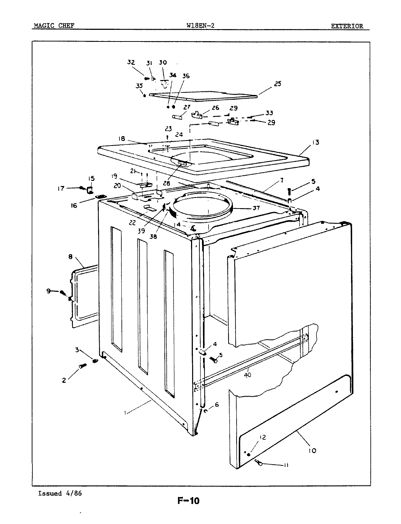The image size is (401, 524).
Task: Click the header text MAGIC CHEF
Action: (54, 26)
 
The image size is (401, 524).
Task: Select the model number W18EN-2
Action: (200, 26)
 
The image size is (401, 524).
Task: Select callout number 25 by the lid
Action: (278, 84)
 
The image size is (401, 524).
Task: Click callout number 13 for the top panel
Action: (315, 142)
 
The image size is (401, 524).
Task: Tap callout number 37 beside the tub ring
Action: (256, 208)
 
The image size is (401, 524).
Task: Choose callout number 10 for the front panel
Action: (312, 450)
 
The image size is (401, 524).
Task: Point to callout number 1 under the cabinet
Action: (125, 413)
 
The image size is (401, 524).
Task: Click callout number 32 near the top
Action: (131, 62)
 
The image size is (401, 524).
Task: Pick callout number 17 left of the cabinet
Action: (61, 188)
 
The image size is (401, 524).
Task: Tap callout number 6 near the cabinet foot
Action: (217, 404)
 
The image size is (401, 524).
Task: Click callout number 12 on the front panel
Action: (263, 437)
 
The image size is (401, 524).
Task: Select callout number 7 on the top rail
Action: (281, 180)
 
